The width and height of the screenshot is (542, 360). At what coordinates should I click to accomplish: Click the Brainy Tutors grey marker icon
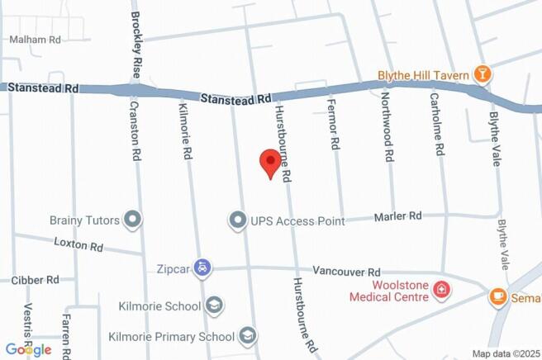[132, 219]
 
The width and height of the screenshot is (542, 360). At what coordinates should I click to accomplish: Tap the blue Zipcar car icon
[203, 268]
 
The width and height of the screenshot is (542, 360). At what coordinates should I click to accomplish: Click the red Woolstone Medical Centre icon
[444, 289]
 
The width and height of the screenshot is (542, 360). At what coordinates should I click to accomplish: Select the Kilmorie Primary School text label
[171, 337]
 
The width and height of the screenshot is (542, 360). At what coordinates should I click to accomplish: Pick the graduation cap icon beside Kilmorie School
[215, 306]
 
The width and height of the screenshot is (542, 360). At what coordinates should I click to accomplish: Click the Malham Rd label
[35, 39]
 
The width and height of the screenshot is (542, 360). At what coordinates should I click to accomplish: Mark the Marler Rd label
[397, 216]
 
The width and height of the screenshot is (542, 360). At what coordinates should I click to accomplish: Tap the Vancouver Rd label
[346, 272]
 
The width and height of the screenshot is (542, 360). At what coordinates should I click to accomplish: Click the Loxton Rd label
[78, 245]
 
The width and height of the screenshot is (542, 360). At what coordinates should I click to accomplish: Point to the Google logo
[27, 349]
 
